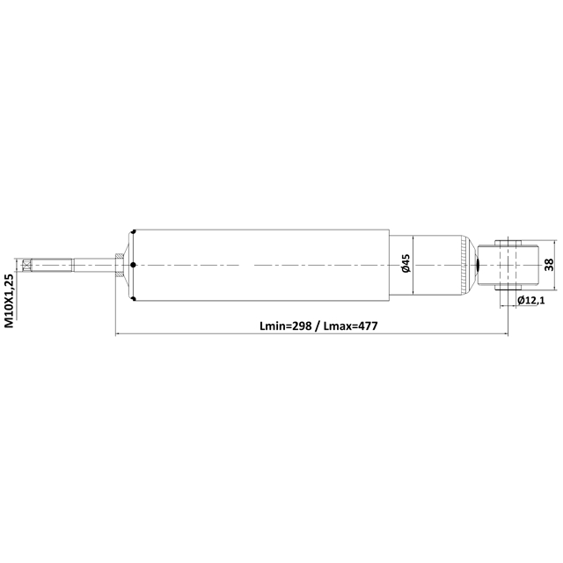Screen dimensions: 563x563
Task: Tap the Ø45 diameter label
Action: click(406, 264)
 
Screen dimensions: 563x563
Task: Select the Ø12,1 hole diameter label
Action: click(532, 301)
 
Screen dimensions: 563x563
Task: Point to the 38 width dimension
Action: click(547, 265)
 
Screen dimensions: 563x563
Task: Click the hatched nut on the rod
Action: click(117, 265)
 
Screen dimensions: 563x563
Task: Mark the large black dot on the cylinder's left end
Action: click(131, 265)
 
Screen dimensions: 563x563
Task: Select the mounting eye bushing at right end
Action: click(508, 265)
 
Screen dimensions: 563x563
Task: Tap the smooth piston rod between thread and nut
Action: click(92, 265)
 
